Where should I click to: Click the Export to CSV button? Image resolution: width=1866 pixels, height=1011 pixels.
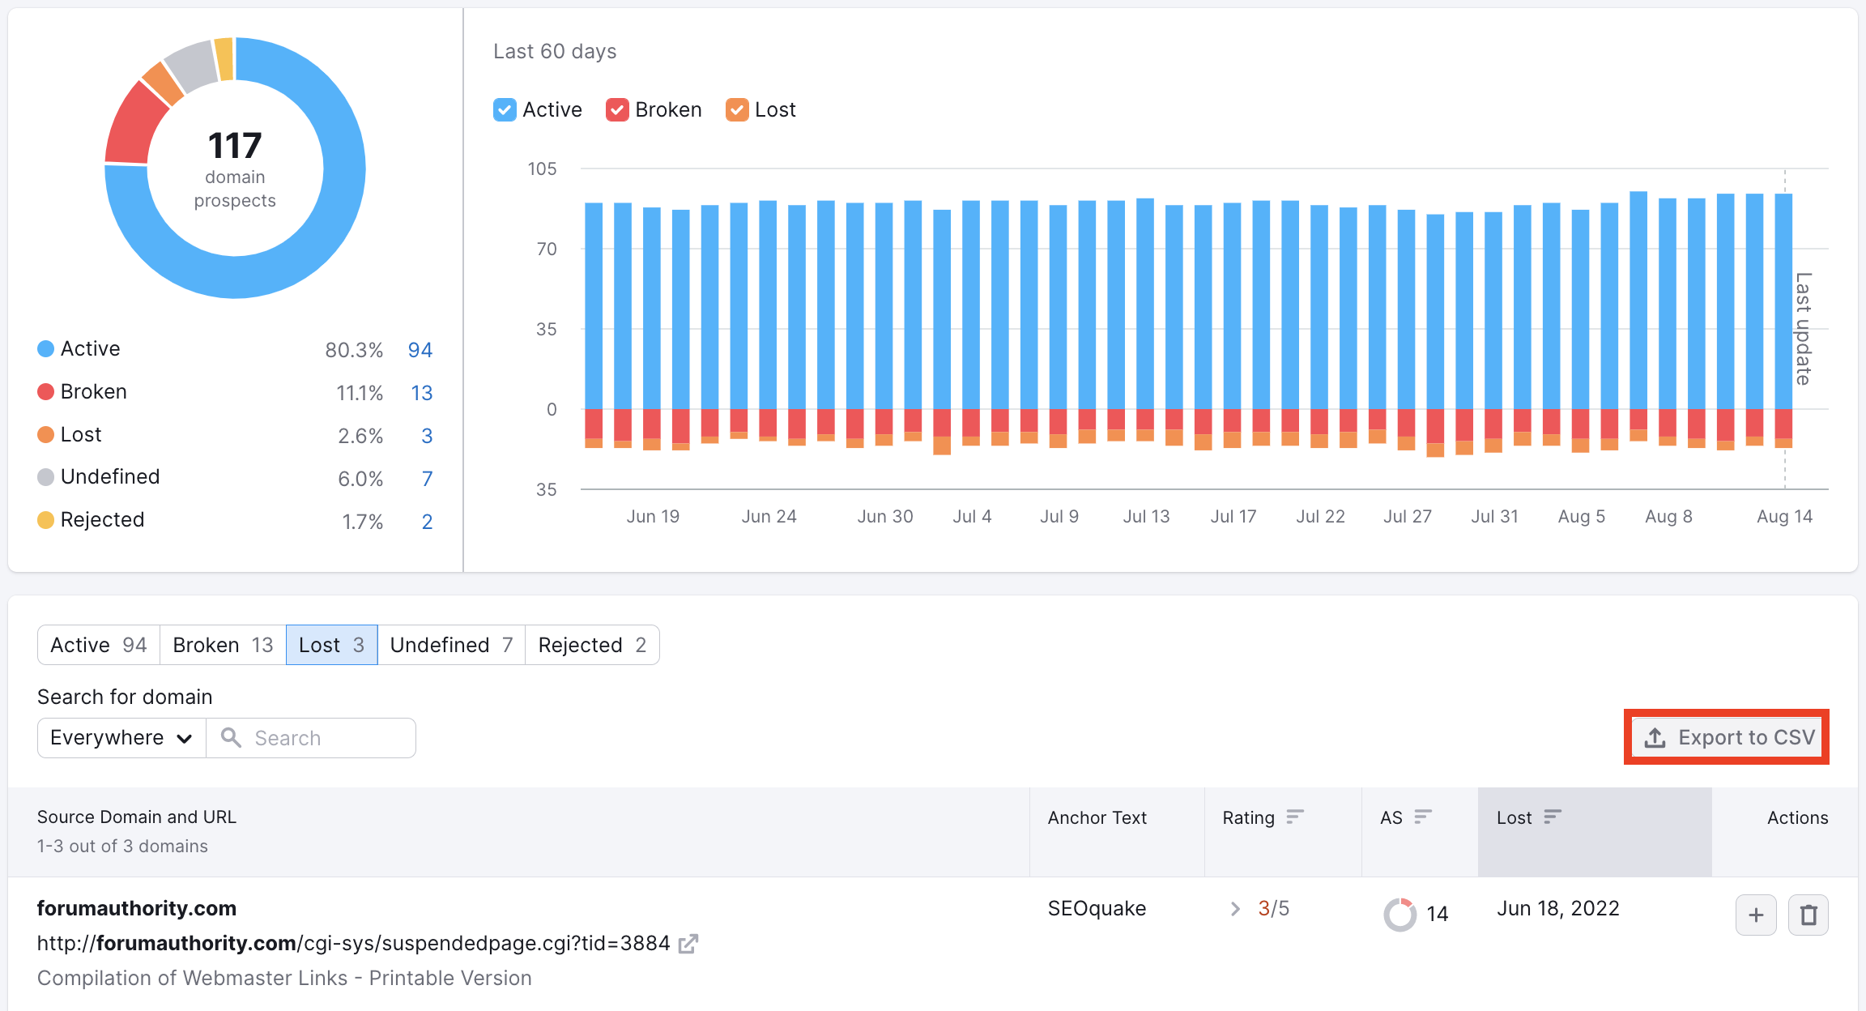click(x=1727, y=737)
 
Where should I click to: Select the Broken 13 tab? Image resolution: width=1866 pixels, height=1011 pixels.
click(x=223, y=645)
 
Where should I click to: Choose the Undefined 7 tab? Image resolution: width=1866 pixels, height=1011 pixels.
click(x=451, y=645)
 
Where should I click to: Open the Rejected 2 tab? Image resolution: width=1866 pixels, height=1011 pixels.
click(x=592, y=645)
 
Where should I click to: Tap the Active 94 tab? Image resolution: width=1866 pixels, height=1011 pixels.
click(x=99, y=645)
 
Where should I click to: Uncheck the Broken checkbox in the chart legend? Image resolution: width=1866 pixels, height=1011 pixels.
click(x=617, y=110)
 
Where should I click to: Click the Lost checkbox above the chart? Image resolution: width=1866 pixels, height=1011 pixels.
click(x=737, y=110)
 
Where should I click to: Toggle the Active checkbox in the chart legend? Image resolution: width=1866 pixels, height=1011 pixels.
click(x=505, y=110)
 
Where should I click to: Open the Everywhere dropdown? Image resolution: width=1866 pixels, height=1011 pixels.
click(x=121, y=738)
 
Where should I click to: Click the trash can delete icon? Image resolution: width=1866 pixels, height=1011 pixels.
click(x=1808, y=915)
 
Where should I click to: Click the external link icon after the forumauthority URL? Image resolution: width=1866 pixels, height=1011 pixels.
click(x=688, y=944)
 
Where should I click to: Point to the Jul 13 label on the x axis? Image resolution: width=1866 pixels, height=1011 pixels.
click(x=1146, y=517)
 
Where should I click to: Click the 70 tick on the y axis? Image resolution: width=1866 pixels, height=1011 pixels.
click(x=547, y=250)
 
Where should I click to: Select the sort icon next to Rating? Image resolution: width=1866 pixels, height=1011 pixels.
click(x=1295, y=817)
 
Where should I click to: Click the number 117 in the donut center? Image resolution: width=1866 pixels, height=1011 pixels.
click(x=235, y=146)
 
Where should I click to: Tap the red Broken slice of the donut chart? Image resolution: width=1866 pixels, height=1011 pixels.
click(x=130, y=126)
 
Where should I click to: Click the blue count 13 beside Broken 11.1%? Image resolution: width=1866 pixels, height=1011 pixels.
click(x=421, y=393)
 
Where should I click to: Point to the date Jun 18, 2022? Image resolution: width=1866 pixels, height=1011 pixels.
click(x=1557, y=909)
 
